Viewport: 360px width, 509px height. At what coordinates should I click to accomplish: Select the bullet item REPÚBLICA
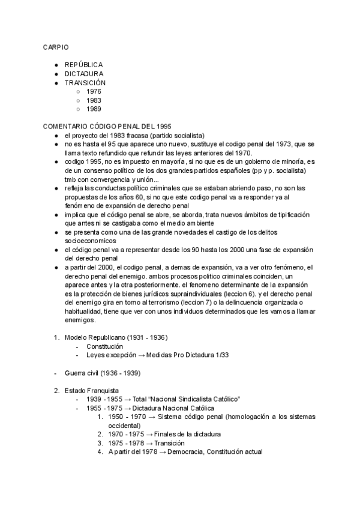point(83,64)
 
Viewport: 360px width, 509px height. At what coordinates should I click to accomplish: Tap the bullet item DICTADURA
point(84,73)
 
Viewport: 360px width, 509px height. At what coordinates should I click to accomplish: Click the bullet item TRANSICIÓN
point(85,82)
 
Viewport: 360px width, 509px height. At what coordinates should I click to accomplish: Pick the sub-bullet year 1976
point(94,91)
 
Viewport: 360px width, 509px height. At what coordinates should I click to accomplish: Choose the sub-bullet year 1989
point(94,109)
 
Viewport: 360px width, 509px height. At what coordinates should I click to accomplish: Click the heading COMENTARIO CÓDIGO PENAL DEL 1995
point(107,126)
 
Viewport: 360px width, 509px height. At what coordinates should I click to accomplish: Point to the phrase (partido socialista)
point(174,135)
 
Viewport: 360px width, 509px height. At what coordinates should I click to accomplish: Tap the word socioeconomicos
point(92,240)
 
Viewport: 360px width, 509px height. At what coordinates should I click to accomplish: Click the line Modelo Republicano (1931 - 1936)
point(116,337)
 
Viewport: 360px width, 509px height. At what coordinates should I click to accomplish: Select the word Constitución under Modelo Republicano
point(105,346)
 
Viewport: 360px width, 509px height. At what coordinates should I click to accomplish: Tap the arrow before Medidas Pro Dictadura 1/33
point(142,355)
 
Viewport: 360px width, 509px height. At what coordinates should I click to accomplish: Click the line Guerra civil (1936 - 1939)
point(103,373)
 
